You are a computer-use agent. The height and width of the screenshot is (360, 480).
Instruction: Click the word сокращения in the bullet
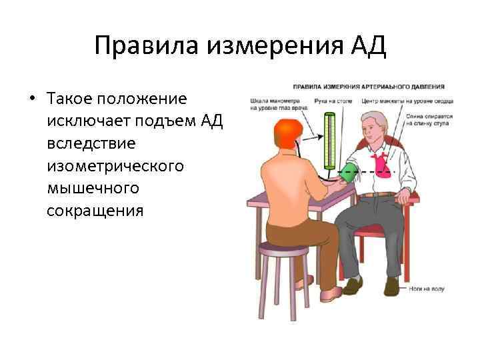coord(95,210)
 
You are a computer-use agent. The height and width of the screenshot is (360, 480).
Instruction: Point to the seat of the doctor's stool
coord(284,249)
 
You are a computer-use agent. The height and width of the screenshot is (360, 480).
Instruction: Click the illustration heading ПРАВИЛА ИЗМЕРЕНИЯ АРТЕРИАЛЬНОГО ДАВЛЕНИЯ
coord(369,87)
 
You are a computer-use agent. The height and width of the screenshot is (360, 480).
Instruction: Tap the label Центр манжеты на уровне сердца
coord(407,101)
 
